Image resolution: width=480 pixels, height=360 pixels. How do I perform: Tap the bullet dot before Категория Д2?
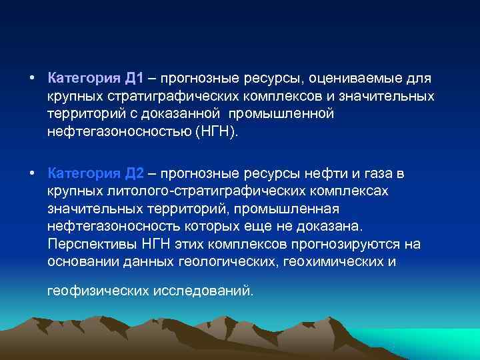point(32,174)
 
